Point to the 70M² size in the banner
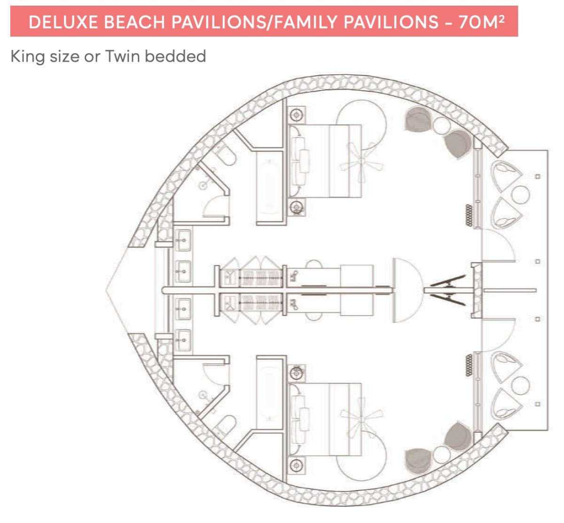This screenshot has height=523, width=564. pos(482,22)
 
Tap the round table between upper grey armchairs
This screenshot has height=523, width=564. pos(441,126)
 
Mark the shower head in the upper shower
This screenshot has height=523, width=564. pos(203,185)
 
